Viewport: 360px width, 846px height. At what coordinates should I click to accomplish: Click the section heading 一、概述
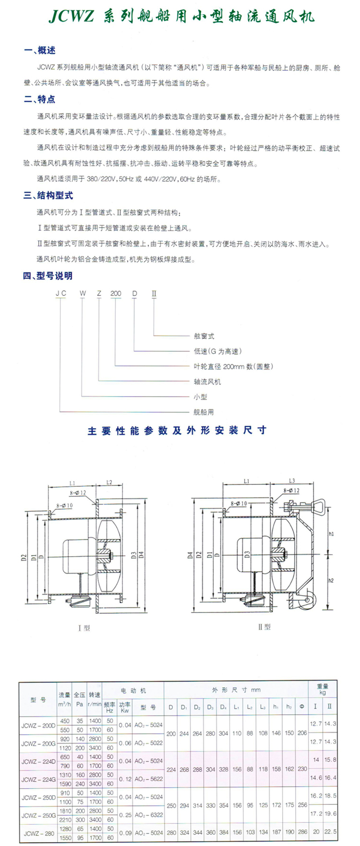coord(40,51)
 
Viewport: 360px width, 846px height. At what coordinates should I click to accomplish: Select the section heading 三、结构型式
coord(48,196)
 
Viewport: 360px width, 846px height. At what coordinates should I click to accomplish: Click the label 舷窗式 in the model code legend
coord(204,336)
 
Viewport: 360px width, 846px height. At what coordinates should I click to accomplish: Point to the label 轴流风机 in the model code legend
coord(207,381)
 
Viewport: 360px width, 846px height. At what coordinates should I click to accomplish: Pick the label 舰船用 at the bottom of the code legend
coord(204,412)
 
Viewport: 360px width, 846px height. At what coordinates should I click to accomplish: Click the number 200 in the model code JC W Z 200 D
coord(116,293)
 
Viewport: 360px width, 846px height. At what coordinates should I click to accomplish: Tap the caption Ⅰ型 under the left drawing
coord(84,627)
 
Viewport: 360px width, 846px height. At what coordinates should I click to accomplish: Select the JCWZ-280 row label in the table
coord(38,833)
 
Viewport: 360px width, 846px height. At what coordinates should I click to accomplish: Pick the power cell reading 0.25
coord(125,815)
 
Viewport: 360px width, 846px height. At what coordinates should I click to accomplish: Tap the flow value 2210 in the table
coord(65,820)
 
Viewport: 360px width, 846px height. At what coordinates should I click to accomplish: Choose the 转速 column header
coord(94,695)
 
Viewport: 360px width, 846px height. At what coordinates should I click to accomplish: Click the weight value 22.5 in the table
coord(330,832)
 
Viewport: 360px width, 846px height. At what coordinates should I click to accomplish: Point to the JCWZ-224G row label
coord(38,779)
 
